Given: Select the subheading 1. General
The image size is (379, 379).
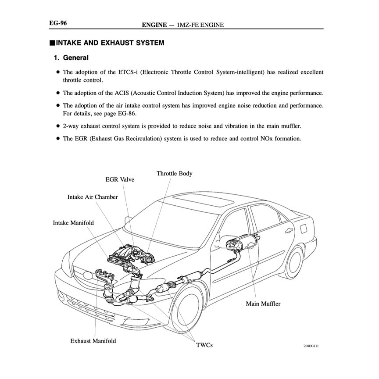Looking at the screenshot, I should point(71,57).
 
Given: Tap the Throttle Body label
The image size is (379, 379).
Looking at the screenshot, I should point(174,174).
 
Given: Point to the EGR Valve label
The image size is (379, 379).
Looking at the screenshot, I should point(120,180).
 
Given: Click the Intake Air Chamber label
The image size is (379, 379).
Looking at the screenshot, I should point(92,197).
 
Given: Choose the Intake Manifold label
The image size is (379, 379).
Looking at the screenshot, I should point(73,223).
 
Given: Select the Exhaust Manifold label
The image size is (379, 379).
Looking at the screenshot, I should point(93,341).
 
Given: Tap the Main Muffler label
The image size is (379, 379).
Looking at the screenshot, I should point(263,304).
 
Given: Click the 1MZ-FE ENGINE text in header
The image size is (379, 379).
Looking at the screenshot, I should point(200,25).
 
